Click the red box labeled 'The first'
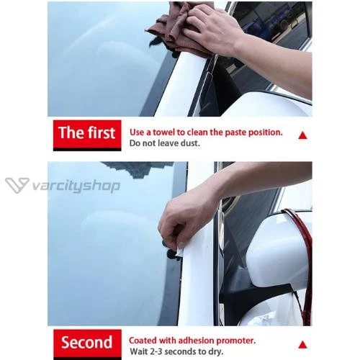click(x=87, y=135)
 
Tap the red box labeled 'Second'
click(x=87, y=344)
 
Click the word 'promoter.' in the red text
click(x=236, y=341)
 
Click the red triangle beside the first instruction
click(x=302, y=135)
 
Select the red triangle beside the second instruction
click(x=303, y=345)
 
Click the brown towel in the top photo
click(x=175, y=31)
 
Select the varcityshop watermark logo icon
click(x=17, y=185)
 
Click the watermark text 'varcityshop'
click(x=76, y=186)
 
